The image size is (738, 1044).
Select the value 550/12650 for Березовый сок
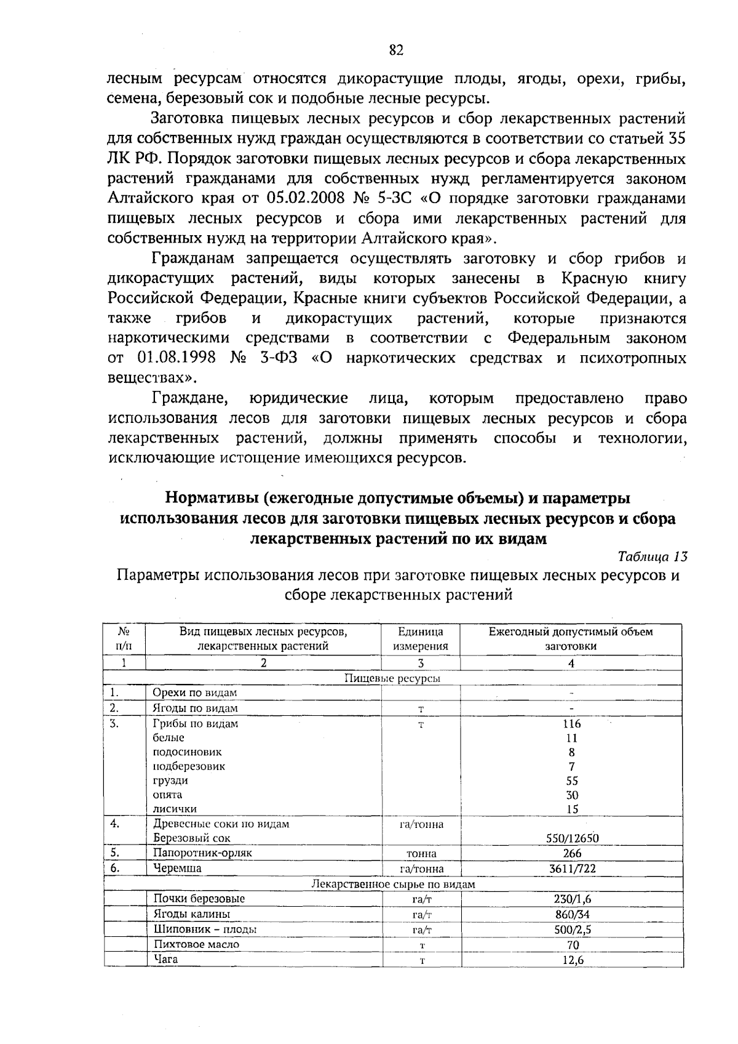click(x=572, y=838)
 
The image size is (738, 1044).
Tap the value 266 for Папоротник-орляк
click(x=572, y=853)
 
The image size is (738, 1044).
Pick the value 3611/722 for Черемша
click(x=572, y=869)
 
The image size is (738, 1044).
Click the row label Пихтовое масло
click(x=196, y=944)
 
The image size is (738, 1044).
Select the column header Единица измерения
click(x=421, y=639)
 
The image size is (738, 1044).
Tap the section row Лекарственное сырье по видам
click(x=394, y=884)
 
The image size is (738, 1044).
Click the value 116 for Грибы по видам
click(x=572, y=724)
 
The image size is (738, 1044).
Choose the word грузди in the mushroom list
click(x=170, y=781)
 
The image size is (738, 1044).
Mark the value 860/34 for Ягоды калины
click(x=572, y=914)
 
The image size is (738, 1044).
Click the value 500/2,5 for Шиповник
click(x=572, y=930)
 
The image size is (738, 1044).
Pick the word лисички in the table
click(x=175, y=809)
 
